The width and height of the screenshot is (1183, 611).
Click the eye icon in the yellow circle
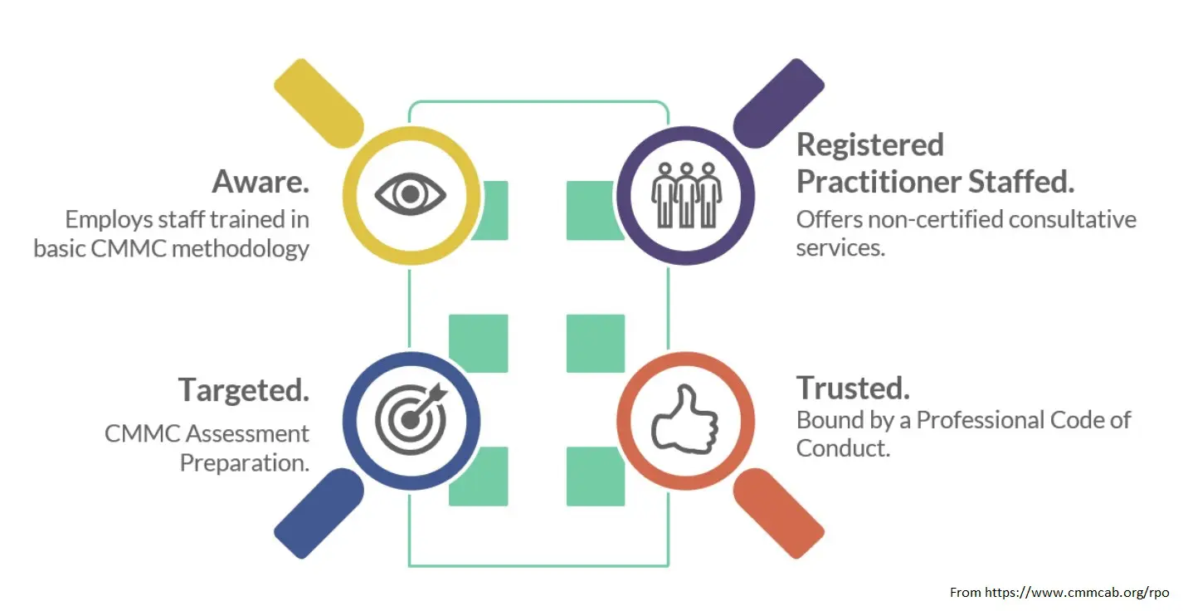[x=411, y=194]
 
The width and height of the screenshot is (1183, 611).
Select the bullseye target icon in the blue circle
[x=411, y=417]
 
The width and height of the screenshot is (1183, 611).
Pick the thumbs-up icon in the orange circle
[x=685, y=417]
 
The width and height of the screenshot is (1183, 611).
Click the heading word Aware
[x=260, y=181]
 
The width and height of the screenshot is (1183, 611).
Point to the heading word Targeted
[x=244, y=389]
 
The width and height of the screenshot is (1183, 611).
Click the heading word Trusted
[x=853, y=388]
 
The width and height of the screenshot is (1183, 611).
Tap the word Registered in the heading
[x=870, y=144]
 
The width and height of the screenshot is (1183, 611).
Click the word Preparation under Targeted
[x=244, y=462]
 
